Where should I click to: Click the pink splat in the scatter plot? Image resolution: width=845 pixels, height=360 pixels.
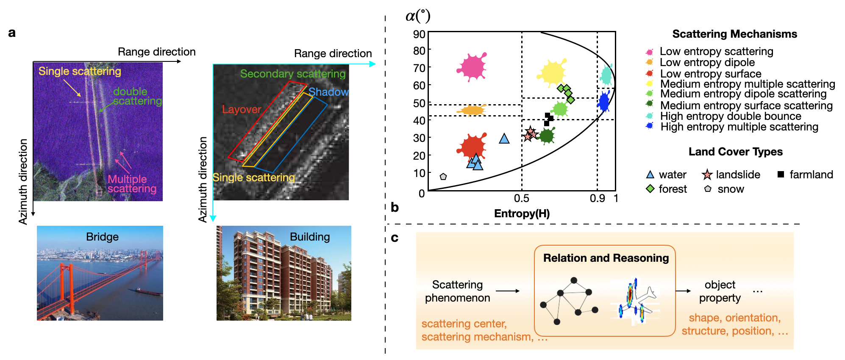(x=471, y=67)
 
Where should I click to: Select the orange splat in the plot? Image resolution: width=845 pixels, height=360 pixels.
(x=471, y=111)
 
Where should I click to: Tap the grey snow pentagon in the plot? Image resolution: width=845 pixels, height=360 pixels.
(x=443, y=177)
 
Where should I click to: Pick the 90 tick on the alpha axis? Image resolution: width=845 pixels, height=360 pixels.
(x=419, y=34)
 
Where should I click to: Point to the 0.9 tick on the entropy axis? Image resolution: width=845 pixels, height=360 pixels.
(x=597, y=198)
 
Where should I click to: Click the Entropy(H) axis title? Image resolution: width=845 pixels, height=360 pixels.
(x=522, y=213)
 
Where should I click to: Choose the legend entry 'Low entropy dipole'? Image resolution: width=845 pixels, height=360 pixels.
(x=707, y=63)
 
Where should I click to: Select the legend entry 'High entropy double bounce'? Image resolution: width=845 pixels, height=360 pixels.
(x=730, y=116)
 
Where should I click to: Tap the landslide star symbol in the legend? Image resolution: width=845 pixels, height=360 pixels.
(x=707, y=174)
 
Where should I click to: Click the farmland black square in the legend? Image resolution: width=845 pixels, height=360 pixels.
(x=781, y=174)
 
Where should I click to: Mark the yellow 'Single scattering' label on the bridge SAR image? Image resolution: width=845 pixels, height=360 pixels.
(x=80, y=71)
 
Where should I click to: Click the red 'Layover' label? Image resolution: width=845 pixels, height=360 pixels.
(x=242, y=109)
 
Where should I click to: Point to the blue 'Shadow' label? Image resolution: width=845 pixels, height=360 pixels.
(x=328, y=92)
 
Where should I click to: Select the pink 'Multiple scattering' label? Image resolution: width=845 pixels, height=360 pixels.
(x=131, y=184)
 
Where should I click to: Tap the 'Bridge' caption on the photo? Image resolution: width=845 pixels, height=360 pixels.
(x=102, y=237)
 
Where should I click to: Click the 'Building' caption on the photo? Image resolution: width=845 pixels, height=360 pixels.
(x=310, y=237)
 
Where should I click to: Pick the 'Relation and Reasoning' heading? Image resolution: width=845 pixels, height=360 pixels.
(x=606, y=258)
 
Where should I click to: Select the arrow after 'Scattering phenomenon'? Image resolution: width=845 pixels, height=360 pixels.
(x=507, y=291)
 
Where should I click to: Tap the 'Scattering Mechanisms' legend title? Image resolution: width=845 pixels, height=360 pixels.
(x=734, y=34)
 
